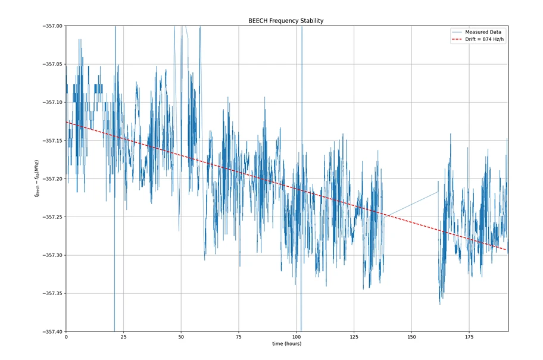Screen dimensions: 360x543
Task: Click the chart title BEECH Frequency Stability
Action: point(286,21)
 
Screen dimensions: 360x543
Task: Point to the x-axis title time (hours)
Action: point(286,344)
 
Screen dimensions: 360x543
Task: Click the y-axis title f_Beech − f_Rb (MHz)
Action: point(37,179)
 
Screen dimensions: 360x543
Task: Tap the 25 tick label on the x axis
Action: point(123,337)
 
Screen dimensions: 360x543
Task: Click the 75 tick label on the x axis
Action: point(239,337)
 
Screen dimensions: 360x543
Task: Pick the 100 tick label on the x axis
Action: point(296,337)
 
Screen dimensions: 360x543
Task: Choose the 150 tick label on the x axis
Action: point(411,337)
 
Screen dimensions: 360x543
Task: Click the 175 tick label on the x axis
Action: point(469,337)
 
